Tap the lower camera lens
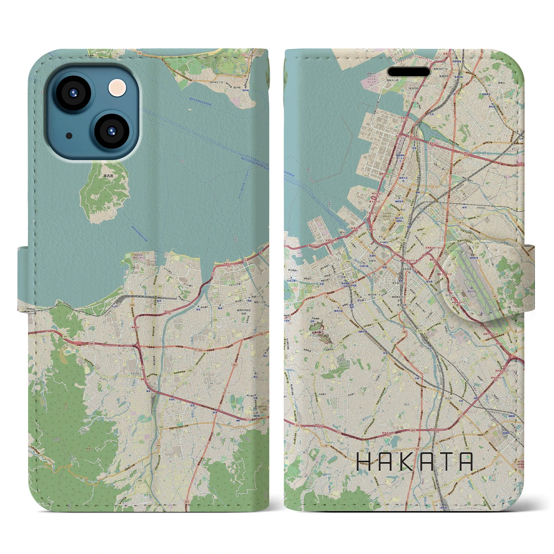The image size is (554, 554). pyautogui.click(x=111, y=132)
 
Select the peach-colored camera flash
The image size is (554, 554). pyautogui.click(x=117, y=88)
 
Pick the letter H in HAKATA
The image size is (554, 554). pyautogui.click(x=364, y=462)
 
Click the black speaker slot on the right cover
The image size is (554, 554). pyautogui.click(x=409, y=71)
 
